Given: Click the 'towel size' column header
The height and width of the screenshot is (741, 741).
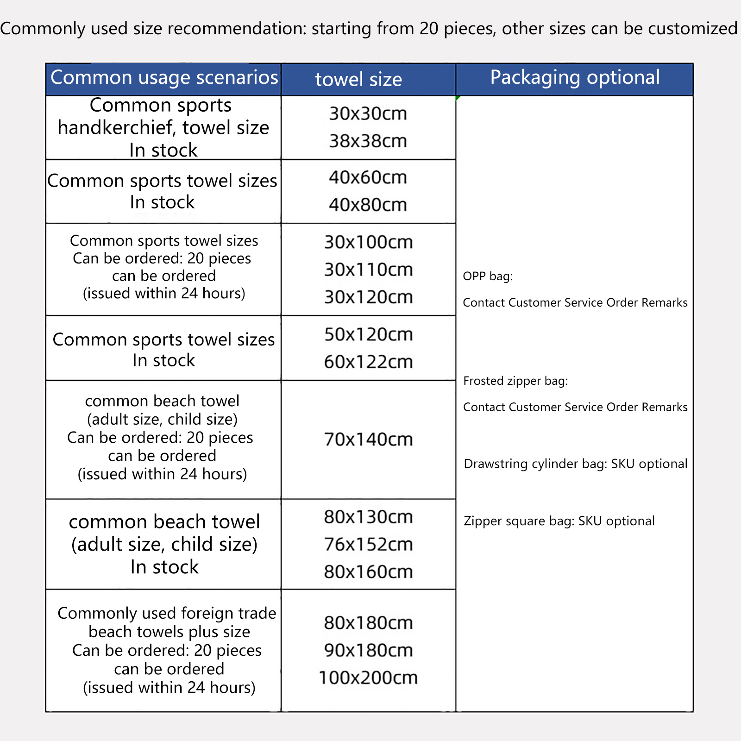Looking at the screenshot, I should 358,80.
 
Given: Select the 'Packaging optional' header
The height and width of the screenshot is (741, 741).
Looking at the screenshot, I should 575,77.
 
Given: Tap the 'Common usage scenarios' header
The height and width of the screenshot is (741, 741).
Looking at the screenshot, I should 164,77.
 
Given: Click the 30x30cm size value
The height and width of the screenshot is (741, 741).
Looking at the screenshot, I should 368,113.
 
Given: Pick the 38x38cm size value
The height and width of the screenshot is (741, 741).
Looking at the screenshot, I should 368,141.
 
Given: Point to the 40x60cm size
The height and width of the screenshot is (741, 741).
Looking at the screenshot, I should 368,177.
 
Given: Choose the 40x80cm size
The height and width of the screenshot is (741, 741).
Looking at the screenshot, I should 368,205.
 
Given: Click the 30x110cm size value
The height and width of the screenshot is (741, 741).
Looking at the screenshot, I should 368,270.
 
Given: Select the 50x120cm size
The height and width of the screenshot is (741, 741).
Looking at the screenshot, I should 368,334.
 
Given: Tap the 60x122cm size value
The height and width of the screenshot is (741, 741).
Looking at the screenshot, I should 368,362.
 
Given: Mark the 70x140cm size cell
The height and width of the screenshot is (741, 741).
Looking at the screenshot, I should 368,440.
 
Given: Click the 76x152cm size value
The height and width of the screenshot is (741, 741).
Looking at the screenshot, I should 368,545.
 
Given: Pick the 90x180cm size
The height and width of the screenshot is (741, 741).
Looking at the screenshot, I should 368,651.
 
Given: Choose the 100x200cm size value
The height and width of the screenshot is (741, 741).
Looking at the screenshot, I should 368,678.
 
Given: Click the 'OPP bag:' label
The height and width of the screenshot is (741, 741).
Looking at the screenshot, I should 488,276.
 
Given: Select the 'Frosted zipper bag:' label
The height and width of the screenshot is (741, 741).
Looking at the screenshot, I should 515,381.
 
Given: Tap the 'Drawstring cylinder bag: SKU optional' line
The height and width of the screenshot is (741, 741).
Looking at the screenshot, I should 575,464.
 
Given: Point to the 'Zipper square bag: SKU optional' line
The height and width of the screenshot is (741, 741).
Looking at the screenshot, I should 559,521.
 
